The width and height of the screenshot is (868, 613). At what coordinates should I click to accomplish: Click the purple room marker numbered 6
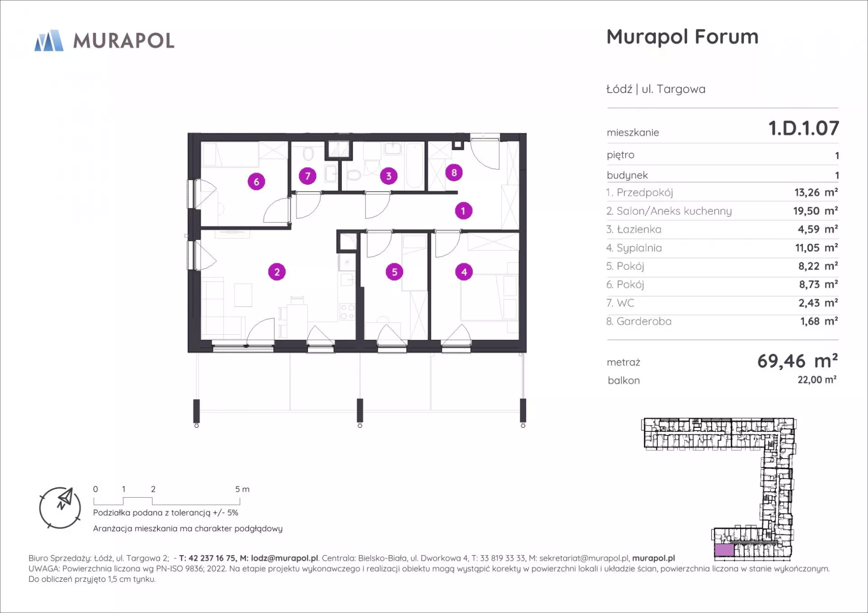click(256, 182)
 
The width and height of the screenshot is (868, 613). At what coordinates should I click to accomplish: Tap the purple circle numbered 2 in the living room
click(277, 272)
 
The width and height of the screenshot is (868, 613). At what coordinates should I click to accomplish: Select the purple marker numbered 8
click(454, 172)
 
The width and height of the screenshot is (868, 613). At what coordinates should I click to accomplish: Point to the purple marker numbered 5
click(394, 272)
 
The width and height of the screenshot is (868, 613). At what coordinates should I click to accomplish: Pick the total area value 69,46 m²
click(797, 361)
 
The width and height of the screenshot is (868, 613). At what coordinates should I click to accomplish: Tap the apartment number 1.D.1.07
click(804, 128)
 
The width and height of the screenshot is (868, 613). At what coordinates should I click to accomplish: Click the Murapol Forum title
click(682, 37)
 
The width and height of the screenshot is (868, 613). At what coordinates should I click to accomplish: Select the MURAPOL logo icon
click(49, 41)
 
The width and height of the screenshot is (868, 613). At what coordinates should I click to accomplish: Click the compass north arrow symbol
click(65, 498)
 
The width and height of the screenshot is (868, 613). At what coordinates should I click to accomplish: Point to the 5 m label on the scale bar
click(242, 489)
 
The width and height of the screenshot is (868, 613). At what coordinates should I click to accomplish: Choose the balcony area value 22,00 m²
click(817, 380)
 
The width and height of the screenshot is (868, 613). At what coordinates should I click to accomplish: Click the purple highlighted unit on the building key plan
click(724, 550)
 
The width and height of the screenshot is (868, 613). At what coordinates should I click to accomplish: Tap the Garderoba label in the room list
click(644, 321)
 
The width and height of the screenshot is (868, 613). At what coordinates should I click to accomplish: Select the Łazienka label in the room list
click(639, 229)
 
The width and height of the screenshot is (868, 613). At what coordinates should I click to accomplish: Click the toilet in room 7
click(308, 154)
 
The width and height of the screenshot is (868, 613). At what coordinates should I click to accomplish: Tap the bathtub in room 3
click(415, 165)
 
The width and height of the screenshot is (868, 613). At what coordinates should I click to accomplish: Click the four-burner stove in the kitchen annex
click(347, 312)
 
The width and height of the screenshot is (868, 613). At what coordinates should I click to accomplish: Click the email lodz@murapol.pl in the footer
click(284, 558)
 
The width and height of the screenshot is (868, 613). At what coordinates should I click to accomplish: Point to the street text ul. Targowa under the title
click(673, 89)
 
